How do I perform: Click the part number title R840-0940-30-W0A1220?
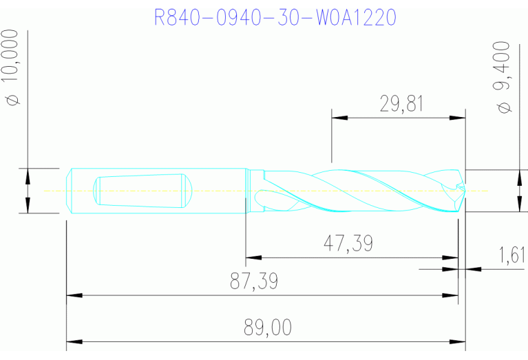(x=275, y=17)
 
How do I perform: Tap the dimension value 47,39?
(x=348, y=243)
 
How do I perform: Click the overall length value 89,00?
(x=267, y=328)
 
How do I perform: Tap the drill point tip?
(x=463, y=190)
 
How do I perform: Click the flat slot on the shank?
(x=141, y=190)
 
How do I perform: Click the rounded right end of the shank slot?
(x=186, y=190)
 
